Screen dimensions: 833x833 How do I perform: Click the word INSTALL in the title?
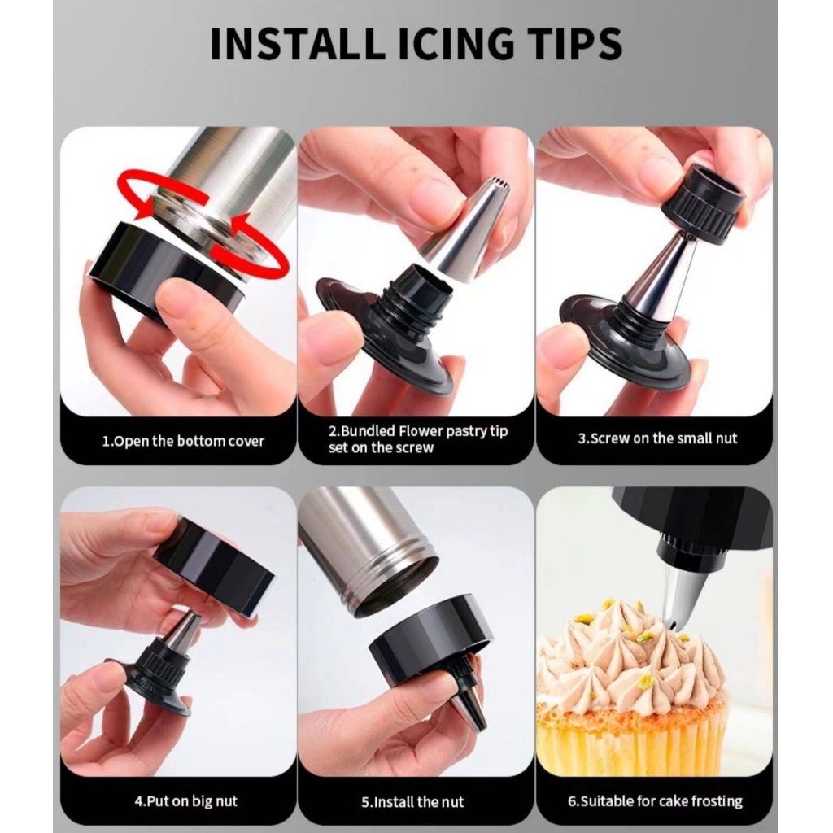click(x=296, y=43)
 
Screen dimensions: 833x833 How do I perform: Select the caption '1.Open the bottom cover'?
click(x=183, y=441)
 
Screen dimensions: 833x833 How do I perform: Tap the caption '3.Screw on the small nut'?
click(x=657, y=438)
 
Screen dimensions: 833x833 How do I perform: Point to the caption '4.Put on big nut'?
click(x=185, y=801)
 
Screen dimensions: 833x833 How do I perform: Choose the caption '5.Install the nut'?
click(x=412, y=801)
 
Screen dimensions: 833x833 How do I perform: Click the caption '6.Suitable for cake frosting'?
click(x=655, y=801)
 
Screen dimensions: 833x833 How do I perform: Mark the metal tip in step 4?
click(x=183, y=631)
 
